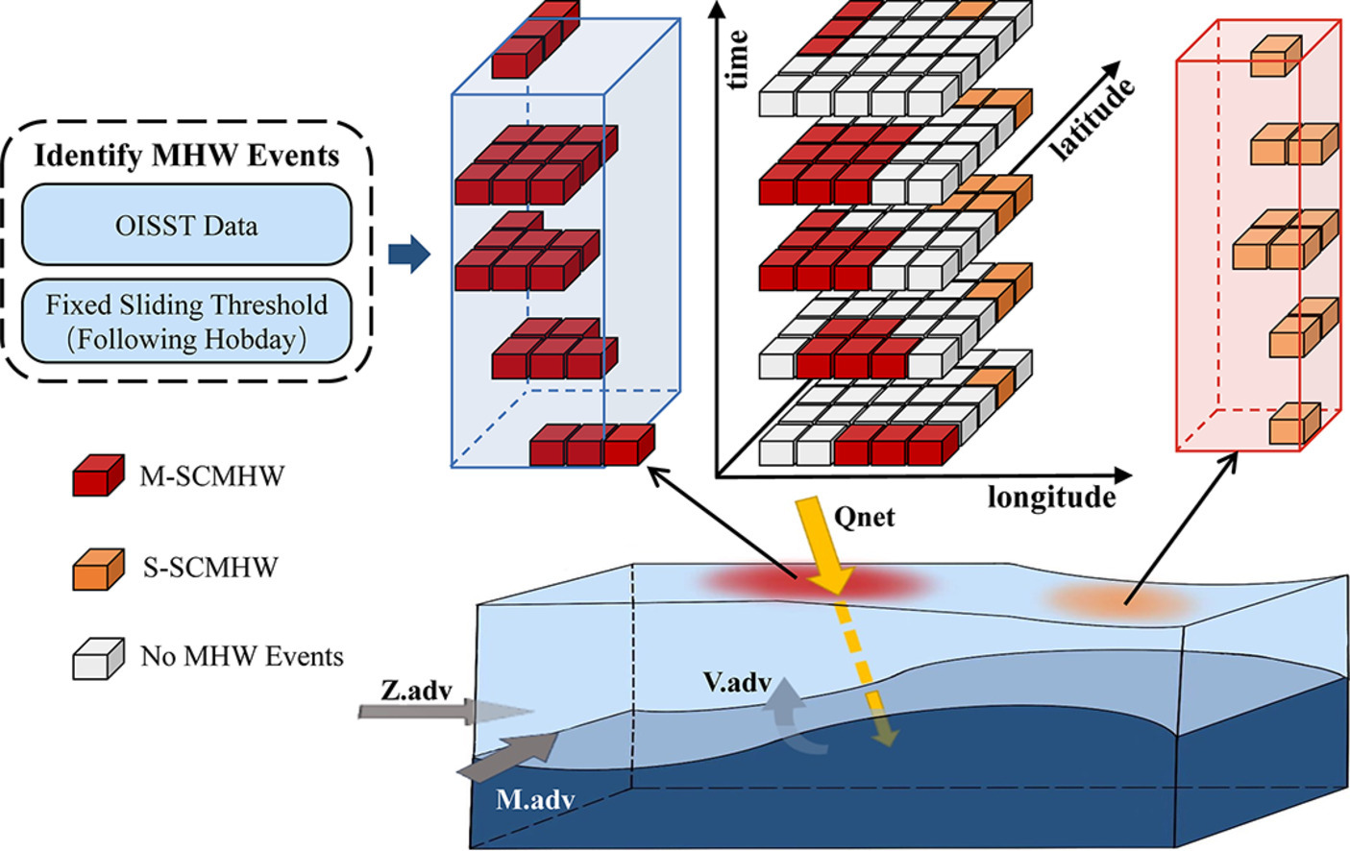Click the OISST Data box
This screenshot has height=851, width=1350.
tap(186, 225)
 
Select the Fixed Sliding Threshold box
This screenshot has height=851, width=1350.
tap(186, 321)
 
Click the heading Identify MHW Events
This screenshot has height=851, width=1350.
tap(186, 156)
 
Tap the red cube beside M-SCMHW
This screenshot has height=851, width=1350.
tap(98, 475)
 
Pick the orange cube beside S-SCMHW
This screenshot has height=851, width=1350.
tap(98, 569)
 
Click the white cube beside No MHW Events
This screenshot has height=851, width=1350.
tap(98, 658)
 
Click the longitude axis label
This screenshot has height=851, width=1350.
tap(1051, 498)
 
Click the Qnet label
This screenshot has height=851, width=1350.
tap(864, 518)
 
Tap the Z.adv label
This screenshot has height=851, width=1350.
tap(416, 690)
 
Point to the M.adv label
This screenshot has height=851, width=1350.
tap(535, 799)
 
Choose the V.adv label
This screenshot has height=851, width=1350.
tap(737, 682)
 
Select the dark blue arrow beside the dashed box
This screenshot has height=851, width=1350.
tap(408, 254)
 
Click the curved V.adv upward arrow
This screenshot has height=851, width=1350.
tap(794, 716)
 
